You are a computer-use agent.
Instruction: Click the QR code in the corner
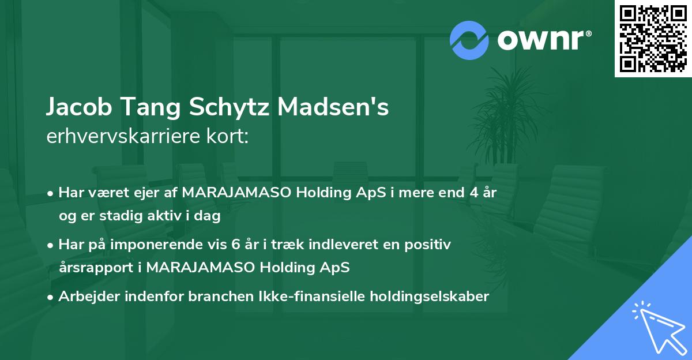tap(653, 39)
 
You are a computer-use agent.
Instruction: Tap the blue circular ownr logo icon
tap(469, 40)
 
